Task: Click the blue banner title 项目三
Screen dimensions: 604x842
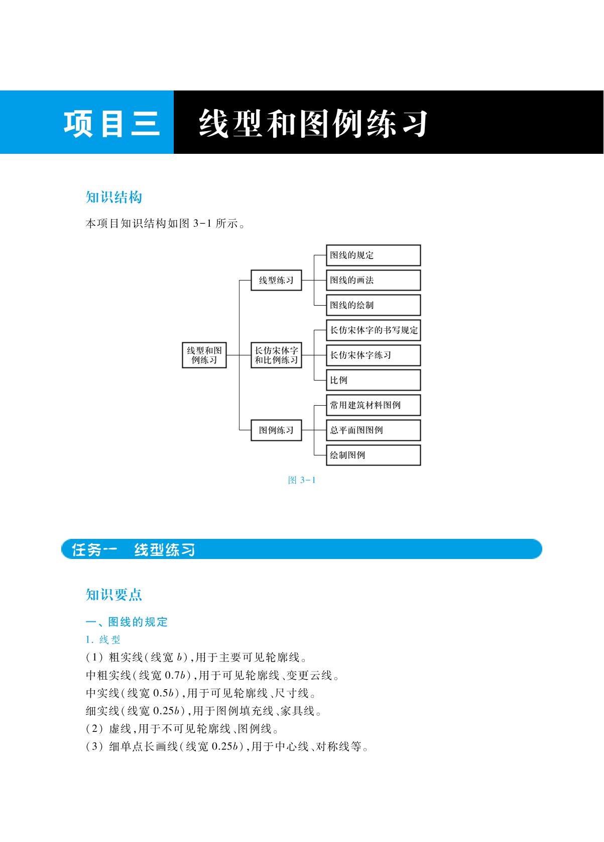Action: (x=111, y=124)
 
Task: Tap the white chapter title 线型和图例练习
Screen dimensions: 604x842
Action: (x=313, y=123)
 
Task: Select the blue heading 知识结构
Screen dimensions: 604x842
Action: (x=114, y=198)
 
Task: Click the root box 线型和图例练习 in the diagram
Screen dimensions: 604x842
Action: (x=204, y=355)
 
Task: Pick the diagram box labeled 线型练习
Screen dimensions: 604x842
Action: (x=276, y=280)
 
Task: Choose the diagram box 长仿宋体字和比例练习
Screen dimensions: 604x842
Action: (x=276, y=355)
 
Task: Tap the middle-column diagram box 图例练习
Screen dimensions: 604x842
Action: (x=276, y=430)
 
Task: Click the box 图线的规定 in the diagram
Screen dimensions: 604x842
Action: (x=373, y=255)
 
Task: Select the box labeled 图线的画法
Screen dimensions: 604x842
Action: (x=373, y=280)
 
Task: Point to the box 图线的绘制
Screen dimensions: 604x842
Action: (x=373, y=305)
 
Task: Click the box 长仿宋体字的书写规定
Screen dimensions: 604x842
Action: (x=373, y=330)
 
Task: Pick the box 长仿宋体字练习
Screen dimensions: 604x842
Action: (x=373, y=355)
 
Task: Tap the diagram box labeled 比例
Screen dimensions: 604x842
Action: (x=373, y=380)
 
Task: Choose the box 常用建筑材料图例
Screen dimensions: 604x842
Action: (x=373, y=405)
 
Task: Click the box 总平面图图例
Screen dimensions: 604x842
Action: (x=373, y=430)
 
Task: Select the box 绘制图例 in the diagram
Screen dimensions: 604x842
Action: (x=373, y=455)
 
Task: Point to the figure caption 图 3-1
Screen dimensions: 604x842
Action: (x=301, y=480)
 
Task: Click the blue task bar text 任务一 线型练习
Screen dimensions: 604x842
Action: (x=133, y=549)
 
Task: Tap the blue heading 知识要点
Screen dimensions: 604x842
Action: (x=114, y=595)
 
